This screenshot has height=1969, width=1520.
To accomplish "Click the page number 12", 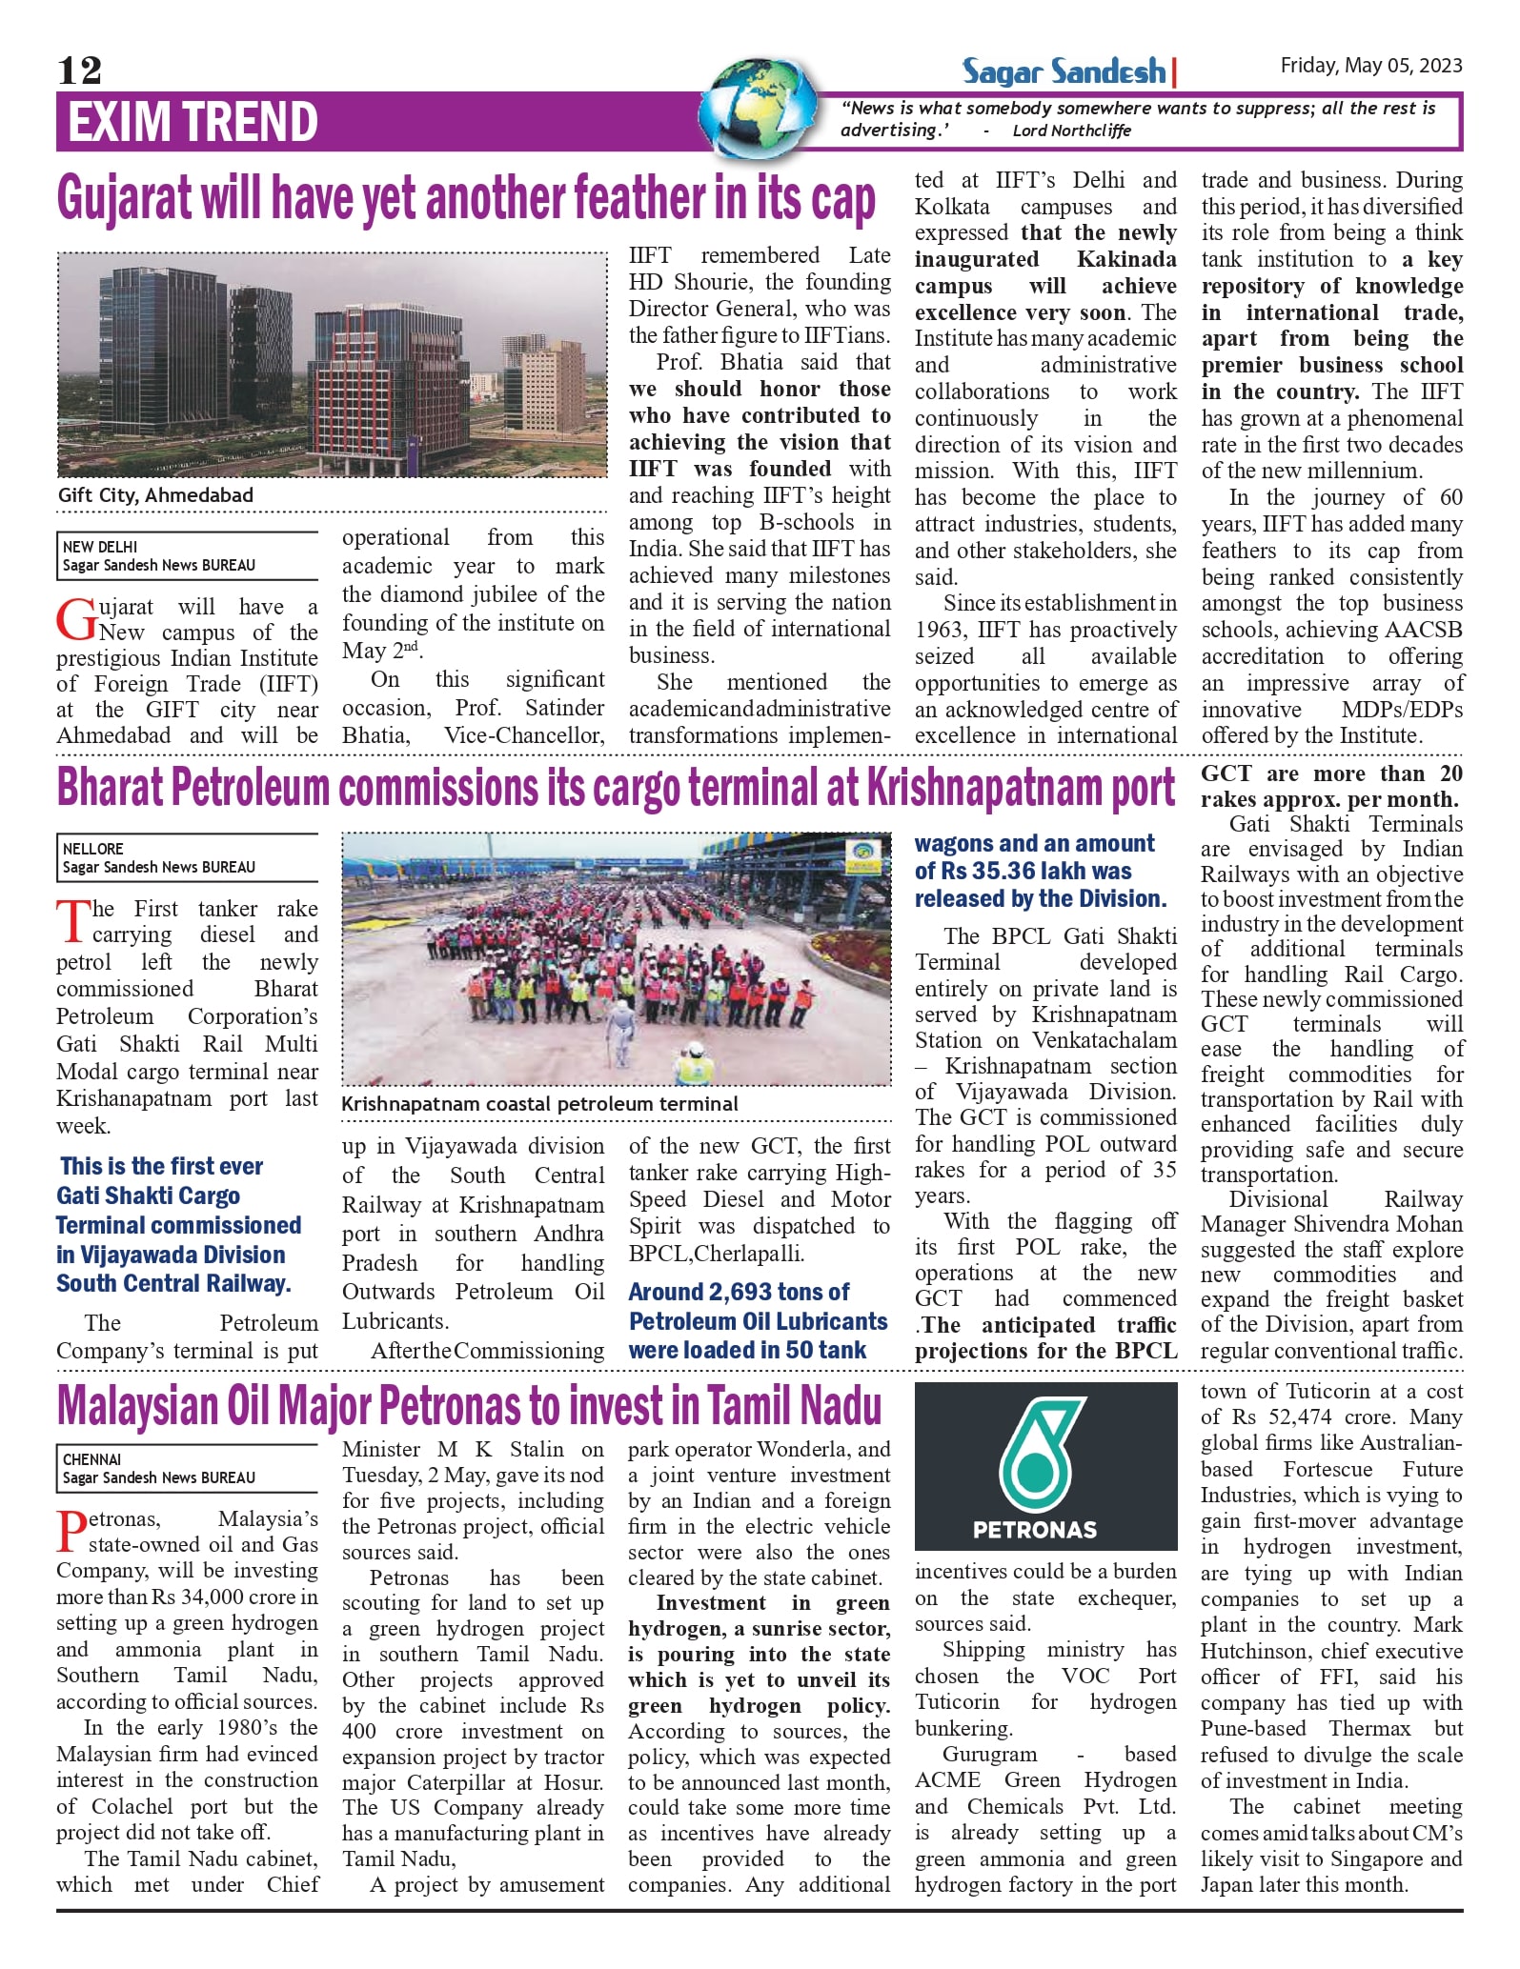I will point(79,70).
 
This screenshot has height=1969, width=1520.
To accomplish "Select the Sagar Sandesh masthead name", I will point(1064,71).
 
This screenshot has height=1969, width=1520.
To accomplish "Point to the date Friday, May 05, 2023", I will point(1370,65).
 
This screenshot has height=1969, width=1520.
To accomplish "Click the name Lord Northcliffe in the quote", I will point(1071,131).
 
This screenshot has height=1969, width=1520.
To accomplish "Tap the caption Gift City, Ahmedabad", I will point(155,495).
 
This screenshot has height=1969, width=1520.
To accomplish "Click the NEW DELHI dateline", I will point(100,547).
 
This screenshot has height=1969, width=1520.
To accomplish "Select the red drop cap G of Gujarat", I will point(74,619).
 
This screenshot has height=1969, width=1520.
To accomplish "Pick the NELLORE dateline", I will point(93,849).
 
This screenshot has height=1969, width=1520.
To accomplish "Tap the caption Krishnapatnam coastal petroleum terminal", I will point(539,1104).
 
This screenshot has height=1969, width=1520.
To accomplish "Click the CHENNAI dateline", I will point(91,1459).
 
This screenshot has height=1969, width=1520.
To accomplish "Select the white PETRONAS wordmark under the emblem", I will point(1035,1530).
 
